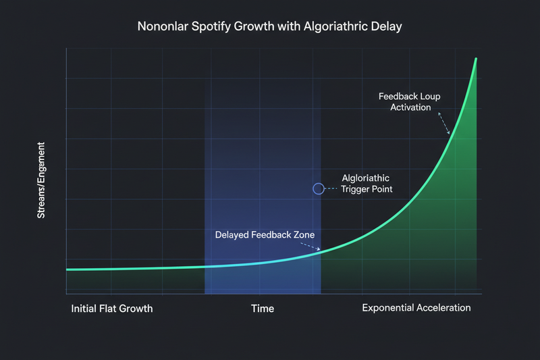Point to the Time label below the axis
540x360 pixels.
pos(263,308)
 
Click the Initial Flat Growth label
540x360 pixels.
pos(111,308)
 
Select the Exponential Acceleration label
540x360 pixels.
pos(416,308)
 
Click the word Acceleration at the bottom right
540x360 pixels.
pos(442,308)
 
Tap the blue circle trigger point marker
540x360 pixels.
pos(319,189)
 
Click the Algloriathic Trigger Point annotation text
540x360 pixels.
pos(367,184)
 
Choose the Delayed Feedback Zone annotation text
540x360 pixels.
pos(265,235)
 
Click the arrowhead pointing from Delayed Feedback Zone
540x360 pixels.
pos(318,251)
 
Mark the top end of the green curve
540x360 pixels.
pos(477,59)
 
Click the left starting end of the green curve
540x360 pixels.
pos(67,269)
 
